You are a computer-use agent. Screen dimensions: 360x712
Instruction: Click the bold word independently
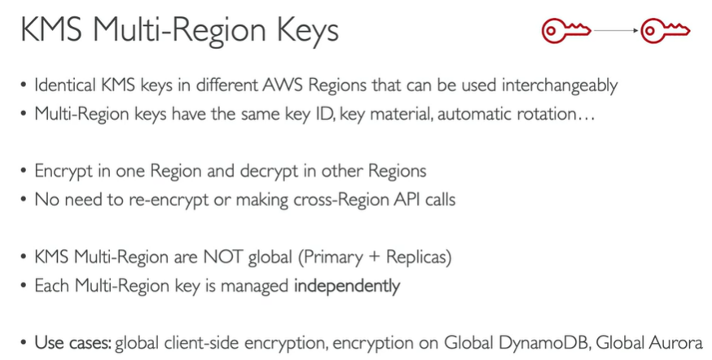click(x=347, y=286)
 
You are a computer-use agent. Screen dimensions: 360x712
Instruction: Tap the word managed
click(x=259, y=286)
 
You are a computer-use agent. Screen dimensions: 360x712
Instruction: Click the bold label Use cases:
click(x=73, y=343)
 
